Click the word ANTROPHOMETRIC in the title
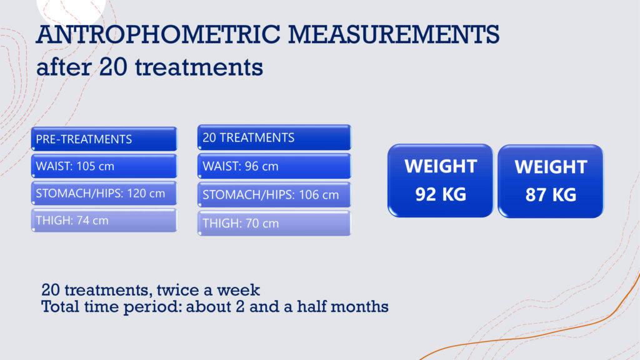click(x=158, y=34)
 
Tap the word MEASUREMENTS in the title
click(x=394, y=34)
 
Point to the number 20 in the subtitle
click(x=113, y=67)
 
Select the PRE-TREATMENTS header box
click(x=104, y=139)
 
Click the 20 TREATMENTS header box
click(x=274, y=137)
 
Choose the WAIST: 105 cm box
click(x=104, y=166)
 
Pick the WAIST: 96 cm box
click(x=274, y=166)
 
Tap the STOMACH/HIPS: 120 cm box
click(x=104, y=193)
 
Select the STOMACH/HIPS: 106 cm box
click(x=274, y=195)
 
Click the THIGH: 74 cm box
click(x=104, y=221)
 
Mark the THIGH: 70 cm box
click(x=274, y=223)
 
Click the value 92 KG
click(x=441, y=194)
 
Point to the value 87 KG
click(x=551, y=195)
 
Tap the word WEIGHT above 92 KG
click(x=441, y=166)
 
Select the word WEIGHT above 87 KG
click(x=551, y=167)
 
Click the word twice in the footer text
click(x=179, y=290)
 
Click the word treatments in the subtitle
click(x=199, y=67)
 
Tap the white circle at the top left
click(x=71, y=8)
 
